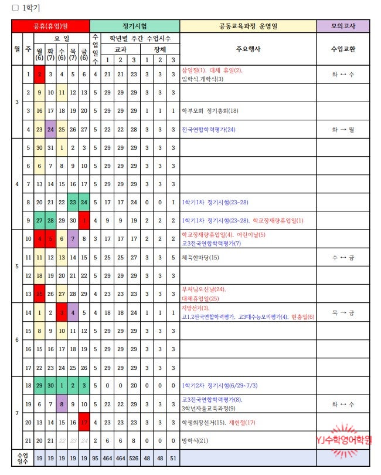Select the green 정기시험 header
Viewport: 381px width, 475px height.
point(134,26)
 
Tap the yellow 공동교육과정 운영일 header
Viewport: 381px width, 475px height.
point(247,26)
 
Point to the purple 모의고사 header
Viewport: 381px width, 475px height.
point(343,26)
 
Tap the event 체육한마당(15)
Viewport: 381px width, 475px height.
point(200,257)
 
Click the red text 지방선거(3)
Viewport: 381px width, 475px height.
point(195,308)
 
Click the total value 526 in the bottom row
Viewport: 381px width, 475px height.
point(133,457)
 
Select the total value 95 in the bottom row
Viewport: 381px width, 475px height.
point(95,457)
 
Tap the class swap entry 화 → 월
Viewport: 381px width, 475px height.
point(343,130)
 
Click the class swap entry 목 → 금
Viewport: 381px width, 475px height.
point(343,313)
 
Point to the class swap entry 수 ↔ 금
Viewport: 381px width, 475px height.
point(343,257)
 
